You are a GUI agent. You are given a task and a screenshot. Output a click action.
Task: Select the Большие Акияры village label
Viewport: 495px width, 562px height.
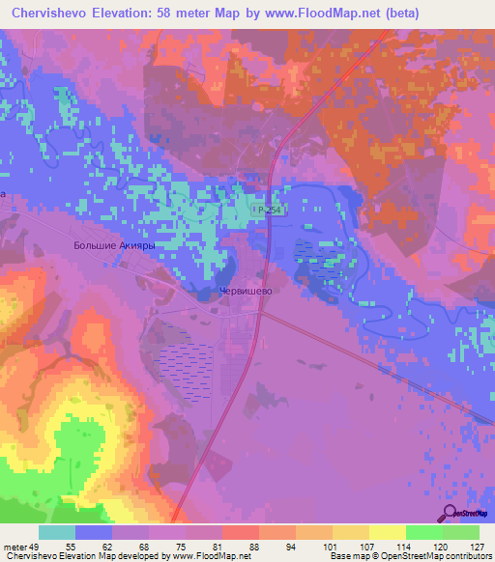point(114,246)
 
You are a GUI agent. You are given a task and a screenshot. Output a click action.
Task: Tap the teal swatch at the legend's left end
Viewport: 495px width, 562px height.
point(57,532)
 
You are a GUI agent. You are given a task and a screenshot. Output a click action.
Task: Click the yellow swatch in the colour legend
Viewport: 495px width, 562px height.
point(387,532)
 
